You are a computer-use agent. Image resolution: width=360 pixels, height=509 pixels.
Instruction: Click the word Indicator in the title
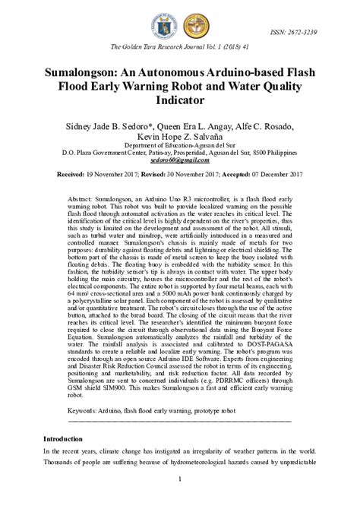pyautogui.click(x=179, y=99)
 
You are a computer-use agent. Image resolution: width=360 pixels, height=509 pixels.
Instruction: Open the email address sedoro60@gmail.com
pyautogui.click(x=179, y=160)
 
